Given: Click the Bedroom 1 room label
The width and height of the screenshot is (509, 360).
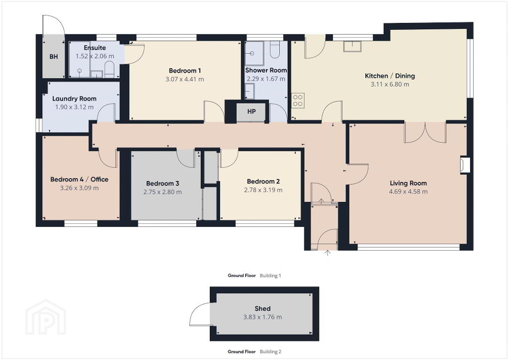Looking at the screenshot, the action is click(x=185, y=71).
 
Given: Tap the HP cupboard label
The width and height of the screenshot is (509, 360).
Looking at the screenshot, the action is click(x=252, y=111).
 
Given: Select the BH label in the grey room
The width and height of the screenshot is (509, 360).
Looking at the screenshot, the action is click(x=54, y=57).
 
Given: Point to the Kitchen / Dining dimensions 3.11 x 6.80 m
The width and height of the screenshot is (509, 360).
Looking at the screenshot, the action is click(x=390, y=85).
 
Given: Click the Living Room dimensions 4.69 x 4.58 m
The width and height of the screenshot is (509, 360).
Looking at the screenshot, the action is click(x=409, y=191).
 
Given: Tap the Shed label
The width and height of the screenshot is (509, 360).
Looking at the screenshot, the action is click(x=262, y=309).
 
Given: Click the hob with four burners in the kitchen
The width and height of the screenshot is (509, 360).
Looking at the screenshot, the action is click(x=298, y=100).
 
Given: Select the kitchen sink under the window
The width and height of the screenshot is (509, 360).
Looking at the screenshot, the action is click(x=352, y=46).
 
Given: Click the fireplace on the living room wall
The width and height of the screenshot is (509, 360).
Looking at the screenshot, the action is click(x=465, y=164).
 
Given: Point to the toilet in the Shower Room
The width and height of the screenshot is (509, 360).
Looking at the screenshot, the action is click(x=274, y=50).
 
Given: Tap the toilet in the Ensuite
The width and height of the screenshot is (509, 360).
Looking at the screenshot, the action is click(x=109, y=70).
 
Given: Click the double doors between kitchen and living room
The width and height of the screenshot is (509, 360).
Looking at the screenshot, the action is click(x=425, y=132).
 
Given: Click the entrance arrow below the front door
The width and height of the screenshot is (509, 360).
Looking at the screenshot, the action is click(x=328, y=253).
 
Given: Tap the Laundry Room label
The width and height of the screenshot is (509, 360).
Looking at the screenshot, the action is click(x=75, y=98).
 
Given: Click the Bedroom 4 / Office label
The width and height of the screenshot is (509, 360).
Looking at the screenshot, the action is click(x=79, y=179).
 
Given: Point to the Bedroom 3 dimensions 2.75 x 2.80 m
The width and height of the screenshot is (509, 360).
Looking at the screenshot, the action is click(x=163, y=192).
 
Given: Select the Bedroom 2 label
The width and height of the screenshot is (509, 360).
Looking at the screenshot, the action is click(x=263, y=181).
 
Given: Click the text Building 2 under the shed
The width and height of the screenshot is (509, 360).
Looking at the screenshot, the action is click(x=270, y=352).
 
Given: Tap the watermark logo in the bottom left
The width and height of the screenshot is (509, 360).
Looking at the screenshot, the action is click(x=46, y=317).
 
